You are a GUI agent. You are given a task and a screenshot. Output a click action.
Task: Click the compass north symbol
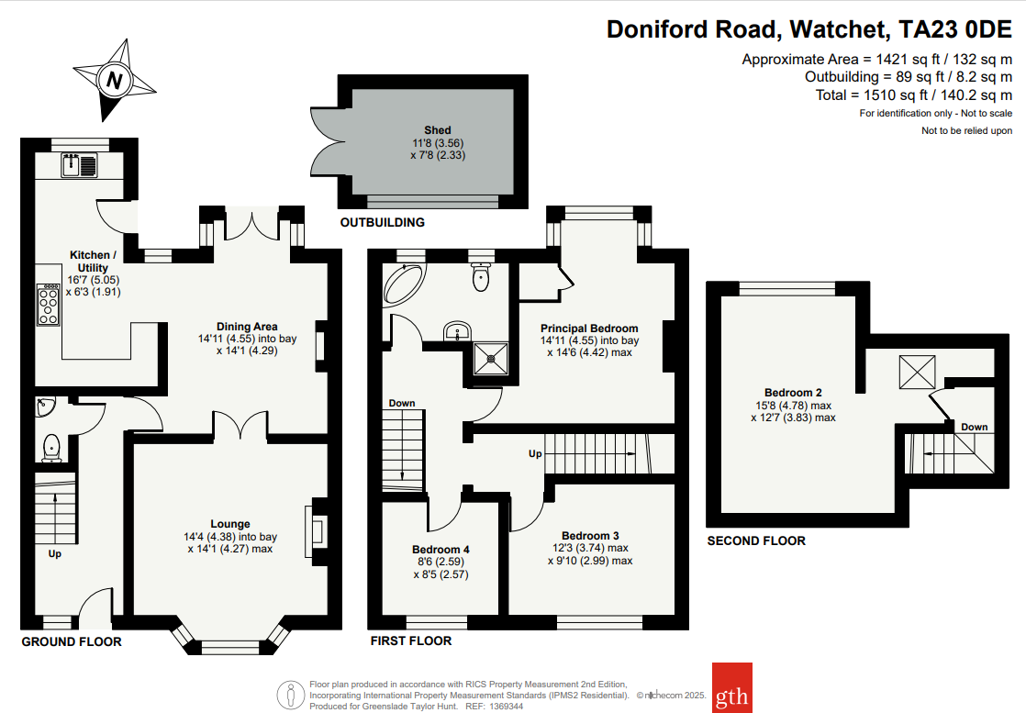click(x=115, y=80)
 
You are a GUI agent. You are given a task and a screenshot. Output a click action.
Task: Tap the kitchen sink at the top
click(x=80, y=166)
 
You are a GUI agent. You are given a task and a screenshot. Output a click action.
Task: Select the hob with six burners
click(x=48, y=304)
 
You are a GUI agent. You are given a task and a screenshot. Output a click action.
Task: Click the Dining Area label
click(x=247, y=326)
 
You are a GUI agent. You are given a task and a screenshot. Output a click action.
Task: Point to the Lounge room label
click(x=229, y=525)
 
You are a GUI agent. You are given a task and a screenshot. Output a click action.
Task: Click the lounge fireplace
click(x=318, y=531)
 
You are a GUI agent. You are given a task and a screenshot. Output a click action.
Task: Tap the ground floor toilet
click(x=52, y=447)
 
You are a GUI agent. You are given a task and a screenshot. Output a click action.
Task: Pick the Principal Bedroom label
click(x=588, y=328)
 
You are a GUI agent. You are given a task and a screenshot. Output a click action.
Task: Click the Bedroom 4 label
click(x=441, y=550)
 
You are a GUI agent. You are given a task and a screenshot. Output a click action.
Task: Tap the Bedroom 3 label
click(x=590, y=536)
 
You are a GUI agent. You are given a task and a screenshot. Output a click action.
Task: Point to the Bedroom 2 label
click(x=793, y=393)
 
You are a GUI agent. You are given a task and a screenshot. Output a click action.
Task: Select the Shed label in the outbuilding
click(x=438, y=130)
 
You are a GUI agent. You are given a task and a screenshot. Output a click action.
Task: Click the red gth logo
click(x=732, y=687)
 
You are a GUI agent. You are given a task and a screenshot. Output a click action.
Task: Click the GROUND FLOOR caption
click(x=72, y=641)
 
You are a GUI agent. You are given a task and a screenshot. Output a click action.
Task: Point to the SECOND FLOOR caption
click(x=756, y=540)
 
